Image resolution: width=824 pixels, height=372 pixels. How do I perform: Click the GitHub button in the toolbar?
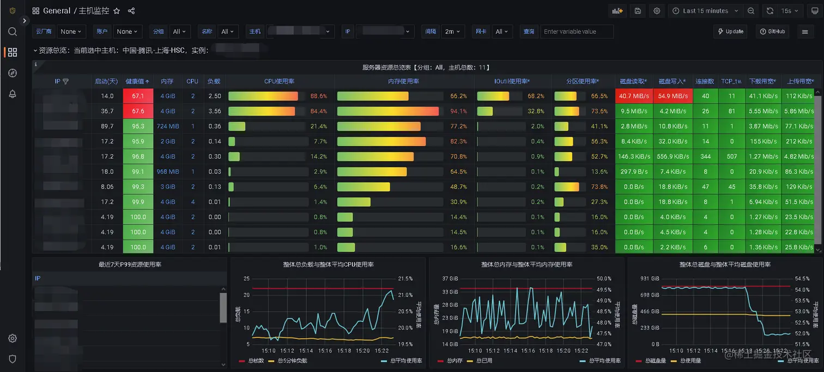tap(773, 32)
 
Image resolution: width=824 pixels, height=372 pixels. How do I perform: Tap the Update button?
tap(731, 32)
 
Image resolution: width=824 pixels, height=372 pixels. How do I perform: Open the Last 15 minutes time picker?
tap(706, 11)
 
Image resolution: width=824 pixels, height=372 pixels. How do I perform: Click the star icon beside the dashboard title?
tap(117, 11)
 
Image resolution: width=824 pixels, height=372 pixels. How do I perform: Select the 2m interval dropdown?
tap(452, 32)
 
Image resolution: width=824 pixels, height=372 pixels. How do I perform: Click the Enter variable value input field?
tap(577, 32)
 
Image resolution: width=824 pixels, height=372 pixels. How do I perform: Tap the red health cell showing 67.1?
tap(138, 96)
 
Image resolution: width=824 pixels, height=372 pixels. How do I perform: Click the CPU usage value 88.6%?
tap(318, 96)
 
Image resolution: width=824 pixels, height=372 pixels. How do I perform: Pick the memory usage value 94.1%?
tap(458, 111)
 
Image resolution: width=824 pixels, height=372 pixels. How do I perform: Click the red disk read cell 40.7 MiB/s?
tap(634, 96)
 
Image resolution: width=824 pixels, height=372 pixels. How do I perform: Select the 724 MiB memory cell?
tap(168, 126)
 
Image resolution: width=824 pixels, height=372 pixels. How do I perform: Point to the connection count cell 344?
tap(706, 157)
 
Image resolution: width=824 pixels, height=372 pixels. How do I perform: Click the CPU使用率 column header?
tap(279, 81)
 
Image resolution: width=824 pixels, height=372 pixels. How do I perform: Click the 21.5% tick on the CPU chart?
tap(405, 279)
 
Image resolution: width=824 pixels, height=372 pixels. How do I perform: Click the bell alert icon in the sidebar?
tap(13, 94)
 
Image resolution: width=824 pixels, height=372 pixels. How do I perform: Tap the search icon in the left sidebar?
tap(13, 32)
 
